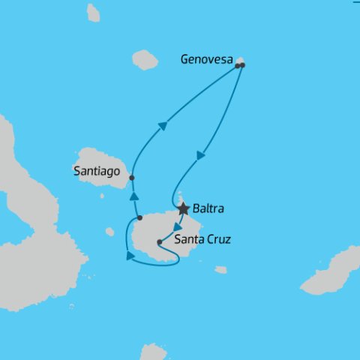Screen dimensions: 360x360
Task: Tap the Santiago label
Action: point(97,171)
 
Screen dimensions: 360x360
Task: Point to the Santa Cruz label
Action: point(202,240)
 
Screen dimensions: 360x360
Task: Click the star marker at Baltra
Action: point(183,208)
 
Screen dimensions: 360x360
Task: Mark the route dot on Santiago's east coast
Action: point(132,178)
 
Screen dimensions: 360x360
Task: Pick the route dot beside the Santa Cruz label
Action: point(159,242)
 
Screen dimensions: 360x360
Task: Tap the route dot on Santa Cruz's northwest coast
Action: point(139,218)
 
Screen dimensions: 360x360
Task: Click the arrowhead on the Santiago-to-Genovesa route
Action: point(161,127)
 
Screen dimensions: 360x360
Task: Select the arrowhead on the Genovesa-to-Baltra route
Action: point(200,155)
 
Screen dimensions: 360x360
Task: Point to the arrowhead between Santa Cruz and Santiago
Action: point(134,196)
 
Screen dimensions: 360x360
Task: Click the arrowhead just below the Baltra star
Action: point(176,226)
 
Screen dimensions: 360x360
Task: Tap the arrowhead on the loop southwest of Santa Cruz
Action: point(130,256)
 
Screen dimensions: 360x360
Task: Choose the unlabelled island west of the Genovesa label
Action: point(145,59)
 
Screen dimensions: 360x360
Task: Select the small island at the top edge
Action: point(93,13)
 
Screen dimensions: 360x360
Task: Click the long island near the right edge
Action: point(331,272)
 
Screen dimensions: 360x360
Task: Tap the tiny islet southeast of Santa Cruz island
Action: point(220,270)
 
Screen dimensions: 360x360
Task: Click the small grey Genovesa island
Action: point(240,61)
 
